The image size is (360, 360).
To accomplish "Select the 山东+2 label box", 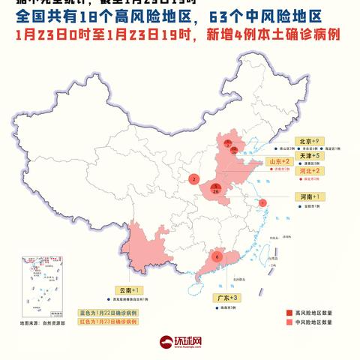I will pos(278,161).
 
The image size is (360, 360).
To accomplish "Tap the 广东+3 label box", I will pos(226,298).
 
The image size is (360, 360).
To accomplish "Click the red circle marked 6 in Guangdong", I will pos(217,256).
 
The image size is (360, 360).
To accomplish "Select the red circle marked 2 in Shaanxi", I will pos(193,179).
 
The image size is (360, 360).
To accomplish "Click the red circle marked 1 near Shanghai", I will pos(262,202).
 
